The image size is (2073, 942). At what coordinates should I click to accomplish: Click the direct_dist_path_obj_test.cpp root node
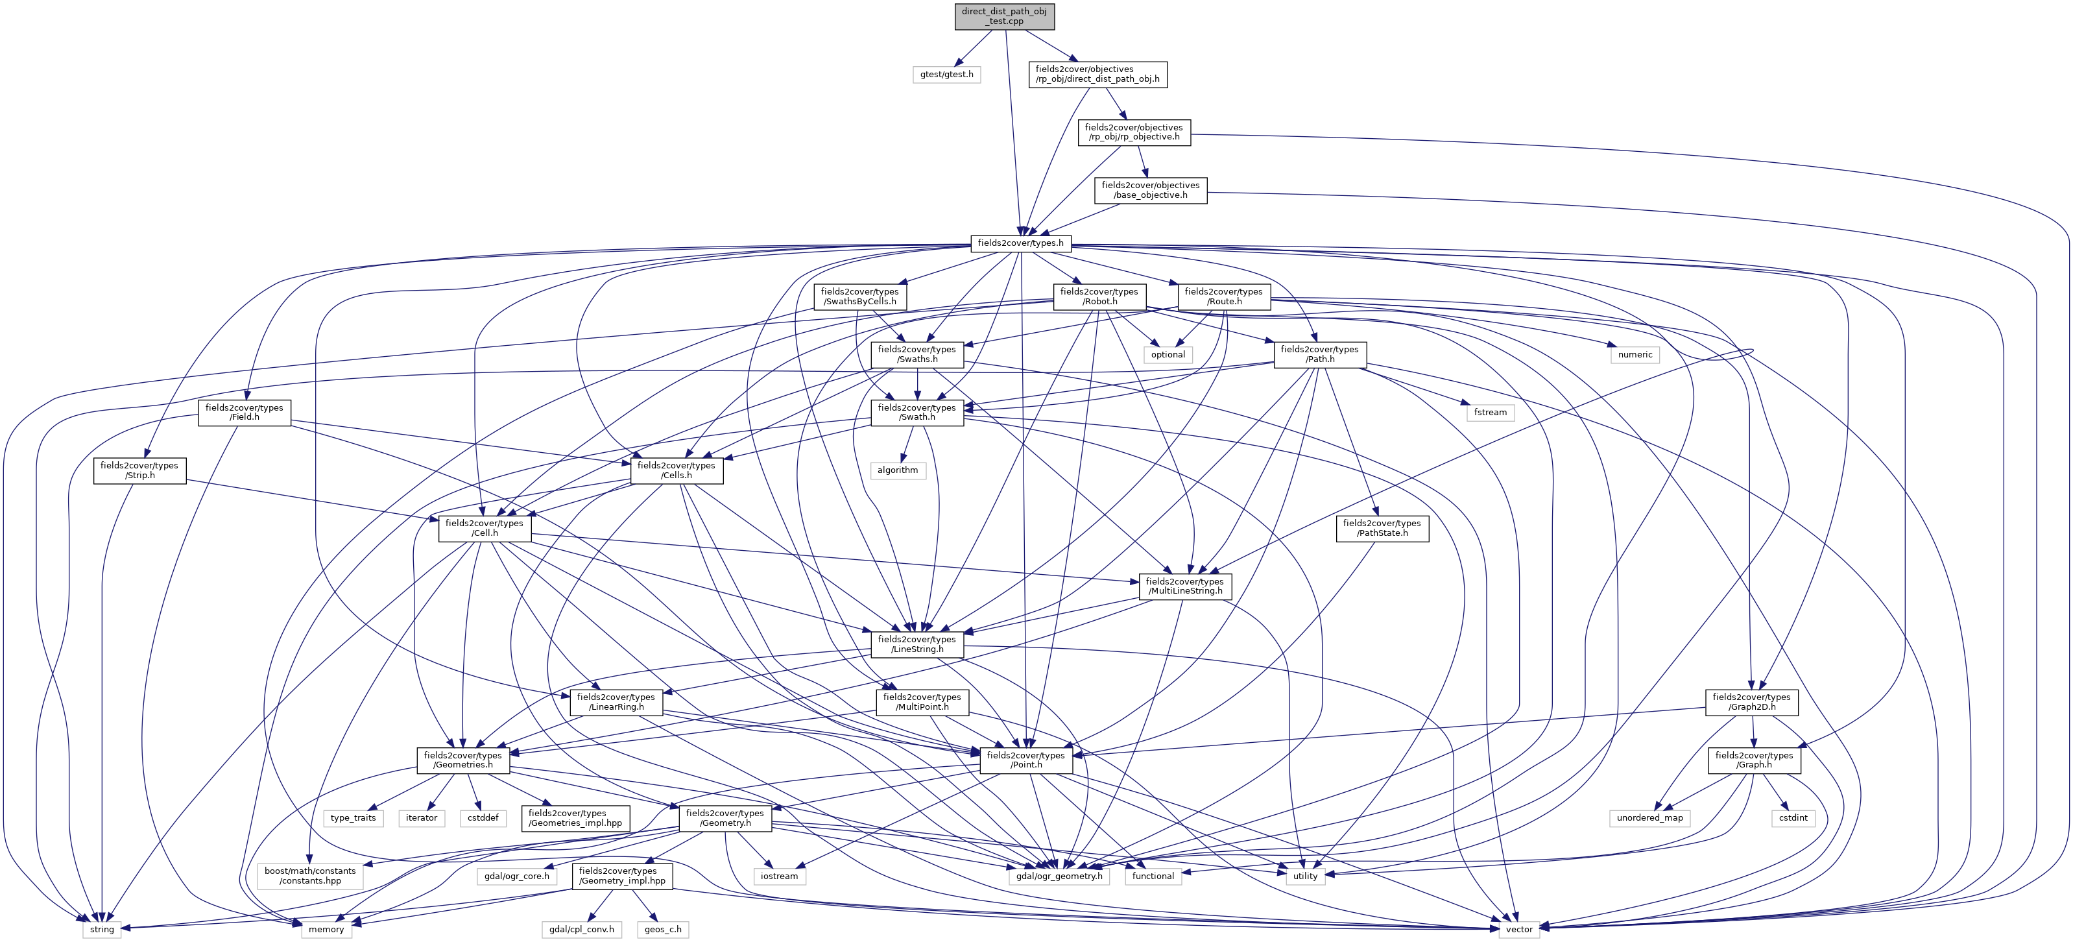(1003, 16)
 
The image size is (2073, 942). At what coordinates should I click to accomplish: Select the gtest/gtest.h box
(946, 74)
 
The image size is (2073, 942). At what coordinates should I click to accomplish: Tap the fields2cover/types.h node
(1020, 243)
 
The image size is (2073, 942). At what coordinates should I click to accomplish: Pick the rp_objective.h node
(1133, 132)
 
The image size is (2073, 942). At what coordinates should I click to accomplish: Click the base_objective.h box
(1150, 190)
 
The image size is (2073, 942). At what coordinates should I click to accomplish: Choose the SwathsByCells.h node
(859, 296)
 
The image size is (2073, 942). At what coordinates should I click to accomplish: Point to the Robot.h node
(1099, 296)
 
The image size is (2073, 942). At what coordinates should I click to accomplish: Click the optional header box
(1168, 354)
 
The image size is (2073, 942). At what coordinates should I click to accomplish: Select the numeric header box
(1635, 354)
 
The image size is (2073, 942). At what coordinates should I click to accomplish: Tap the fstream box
(1491, 412)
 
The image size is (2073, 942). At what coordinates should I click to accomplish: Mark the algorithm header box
(897, 470)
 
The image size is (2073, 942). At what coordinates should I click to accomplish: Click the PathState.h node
(1382, 528)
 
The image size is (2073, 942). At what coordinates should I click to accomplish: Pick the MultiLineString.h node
(1184, 586)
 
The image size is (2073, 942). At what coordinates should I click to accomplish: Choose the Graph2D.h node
(1751, 702)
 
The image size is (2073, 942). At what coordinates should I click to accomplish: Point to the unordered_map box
(1649, 818)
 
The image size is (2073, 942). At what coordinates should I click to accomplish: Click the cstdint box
(1793, 818)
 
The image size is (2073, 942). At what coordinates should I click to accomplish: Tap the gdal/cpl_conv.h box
(581, 929)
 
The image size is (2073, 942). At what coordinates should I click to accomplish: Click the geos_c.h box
(663, 929)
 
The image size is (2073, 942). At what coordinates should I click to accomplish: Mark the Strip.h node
(139, 470)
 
